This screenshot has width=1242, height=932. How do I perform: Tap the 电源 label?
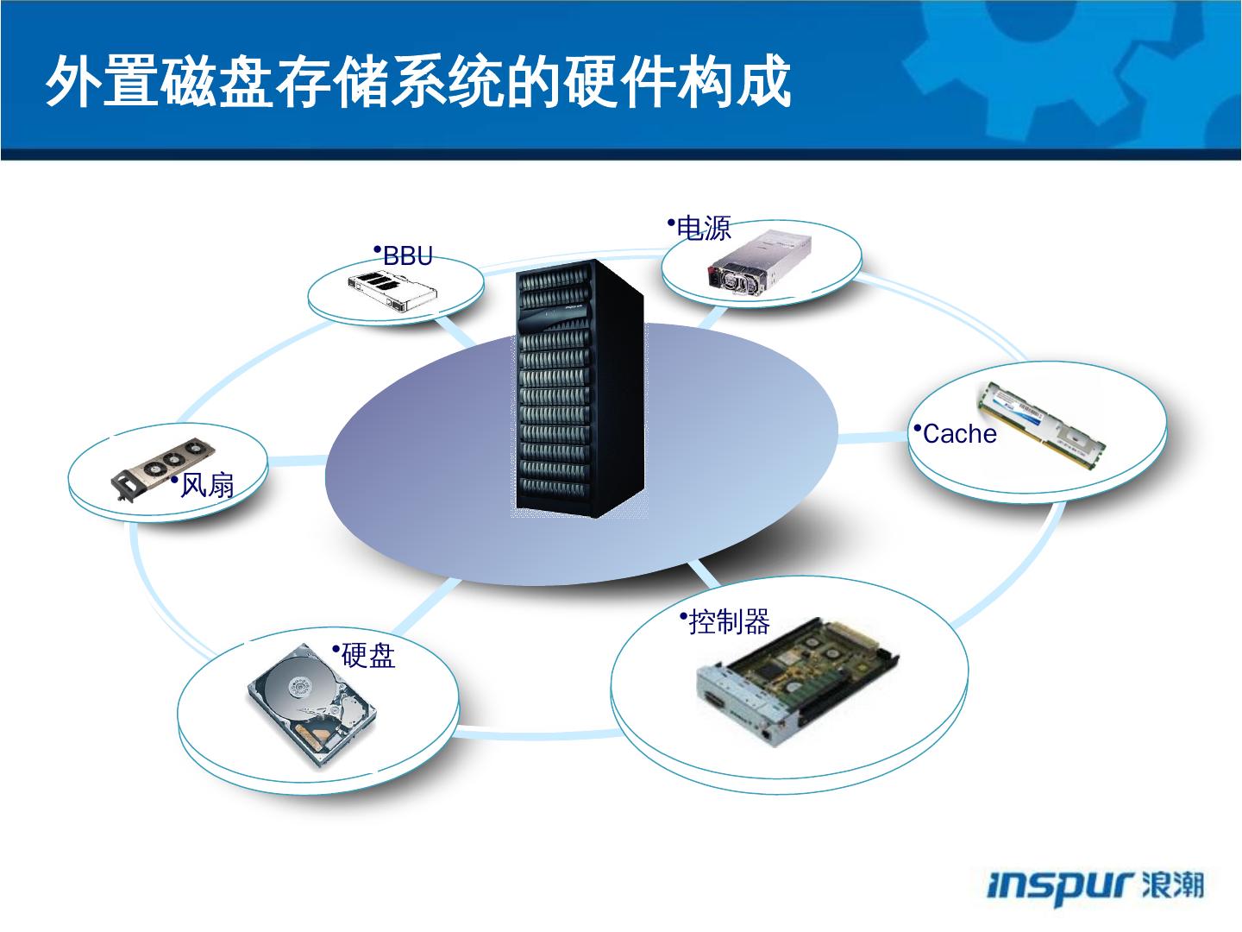pos(704,229)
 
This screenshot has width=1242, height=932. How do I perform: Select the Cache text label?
pos(959,433)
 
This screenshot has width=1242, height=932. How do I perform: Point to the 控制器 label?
pos(729,621)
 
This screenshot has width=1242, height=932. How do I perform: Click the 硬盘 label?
pos(368,656)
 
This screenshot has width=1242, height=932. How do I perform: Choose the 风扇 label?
pos(207,486)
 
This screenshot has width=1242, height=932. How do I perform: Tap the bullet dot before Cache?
pos(917,427)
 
